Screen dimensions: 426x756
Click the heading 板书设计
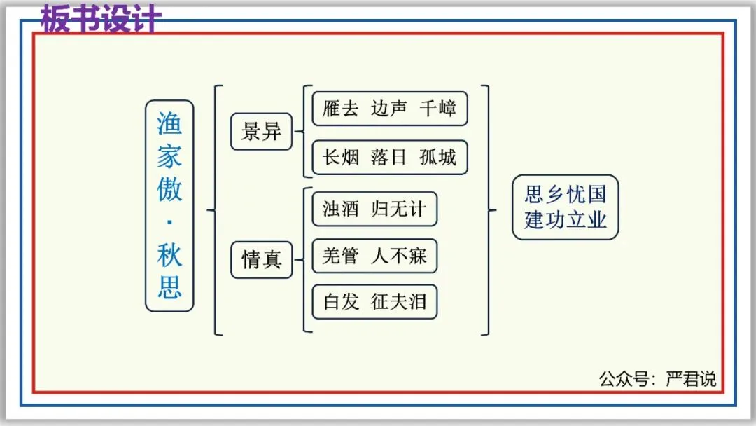(x=101, y=20)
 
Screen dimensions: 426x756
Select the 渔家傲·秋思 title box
(x=169, y=206)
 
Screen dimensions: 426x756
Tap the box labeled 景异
(x=261, y=132)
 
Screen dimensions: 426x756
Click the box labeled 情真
(x=261, y=260)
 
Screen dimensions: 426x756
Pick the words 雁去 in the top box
(x=341, y=109)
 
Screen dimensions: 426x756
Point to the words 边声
(x=389, y=109)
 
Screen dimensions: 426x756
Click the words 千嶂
(x=438, y=109)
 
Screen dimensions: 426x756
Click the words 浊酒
(x=341, y=209)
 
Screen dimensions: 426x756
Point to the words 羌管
(x=341, y=256)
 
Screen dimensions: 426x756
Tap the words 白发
(x=341, y=302)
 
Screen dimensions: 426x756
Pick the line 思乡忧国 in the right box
(x=566, y=194)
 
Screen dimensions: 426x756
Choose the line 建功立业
(x=566, y=219)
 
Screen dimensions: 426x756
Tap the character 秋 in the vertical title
(x=169, y=254)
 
